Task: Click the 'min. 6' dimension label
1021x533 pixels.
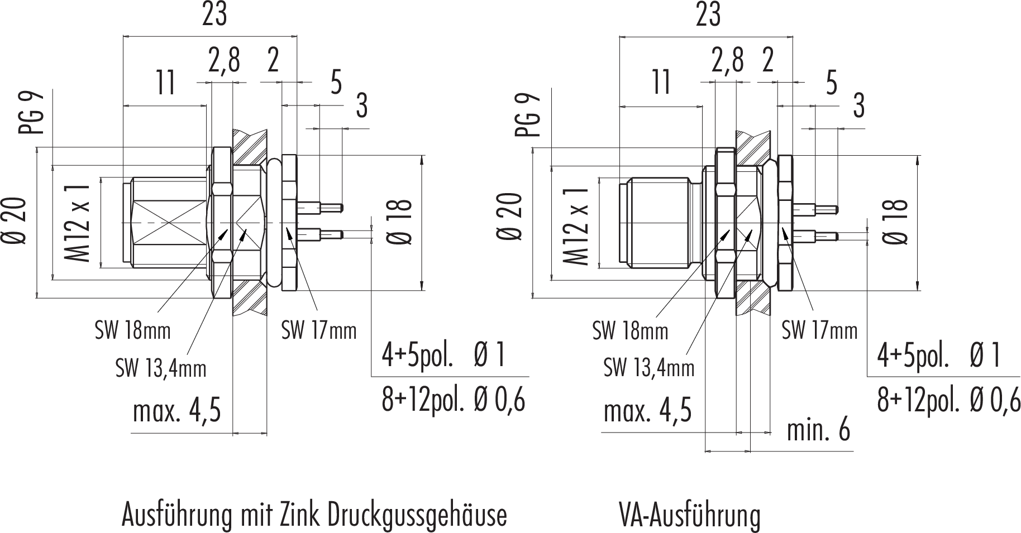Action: pos(818,430)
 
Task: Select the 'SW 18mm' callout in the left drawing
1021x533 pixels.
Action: pos(132,331)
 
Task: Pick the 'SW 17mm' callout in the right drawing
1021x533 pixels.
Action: pos(819,331)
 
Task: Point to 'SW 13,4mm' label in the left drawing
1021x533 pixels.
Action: pos(161,368)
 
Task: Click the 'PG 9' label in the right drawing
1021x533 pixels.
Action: pos(528,114)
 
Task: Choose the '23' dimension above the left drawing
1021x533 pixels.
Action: pos(214,16)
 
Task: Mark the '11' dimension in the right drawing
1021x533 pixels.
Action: pos(662,83)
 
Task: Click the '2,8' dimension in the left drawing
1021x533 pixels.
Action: pos(224,60)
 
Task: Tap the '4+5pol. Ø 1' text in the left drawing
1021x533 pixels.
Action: pos(443,355)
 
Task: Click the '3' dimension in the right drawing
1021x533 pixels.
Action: pos(859,105)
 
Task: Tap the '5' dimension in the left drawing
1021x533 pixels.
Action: pos(336,83)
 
